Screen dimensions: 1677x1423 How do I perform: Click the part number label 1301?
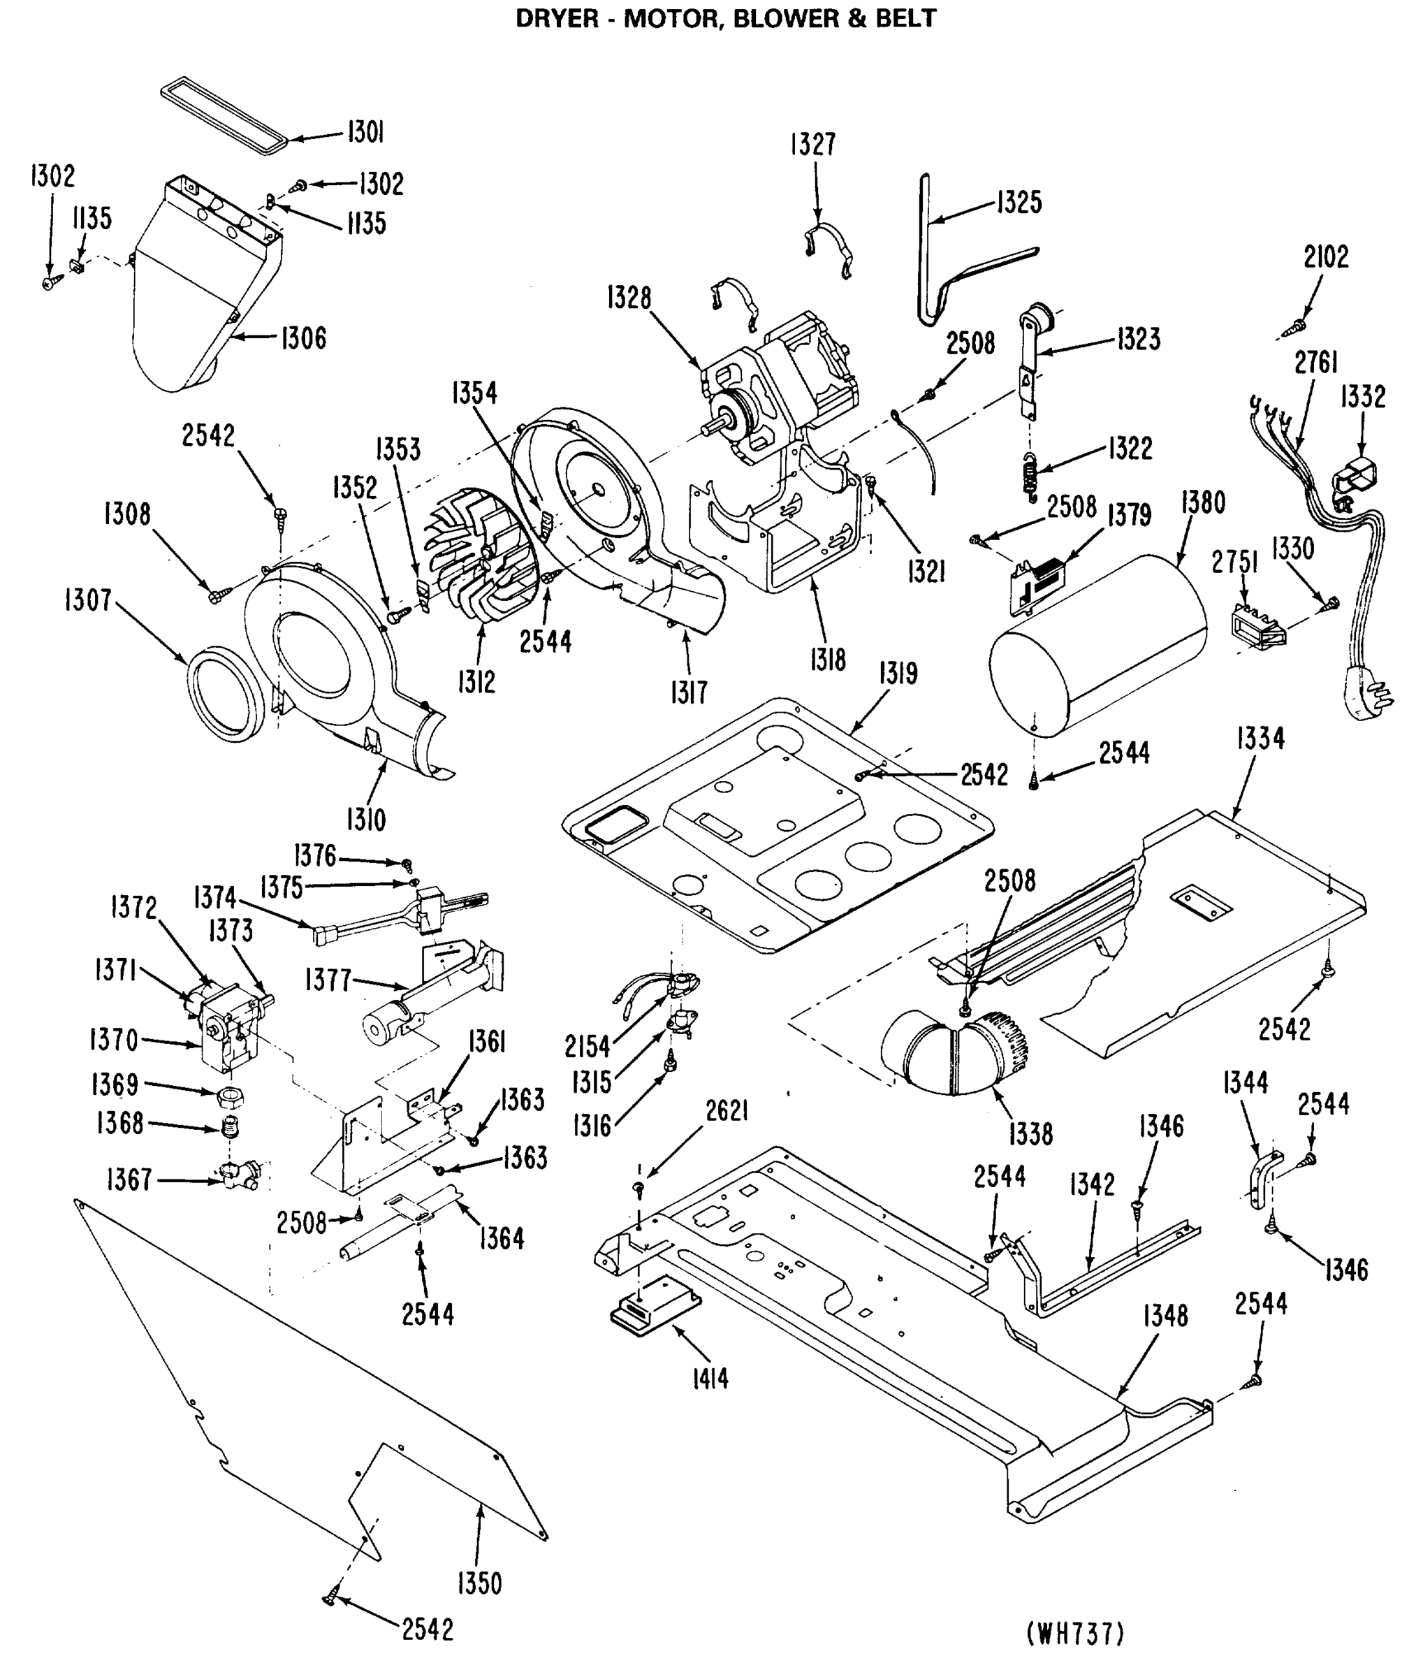365,131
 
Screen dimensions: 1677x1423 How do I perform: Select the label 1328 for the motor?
629,298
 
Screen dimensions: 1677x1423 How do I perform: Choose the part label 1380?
1203,503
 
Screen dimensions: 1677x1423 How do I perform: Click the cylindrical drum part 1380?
1097,646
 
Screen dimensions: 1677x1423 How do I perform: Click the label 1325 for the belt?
1019,202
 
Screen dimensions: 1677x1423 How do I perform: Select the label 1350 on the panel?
479,1583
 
